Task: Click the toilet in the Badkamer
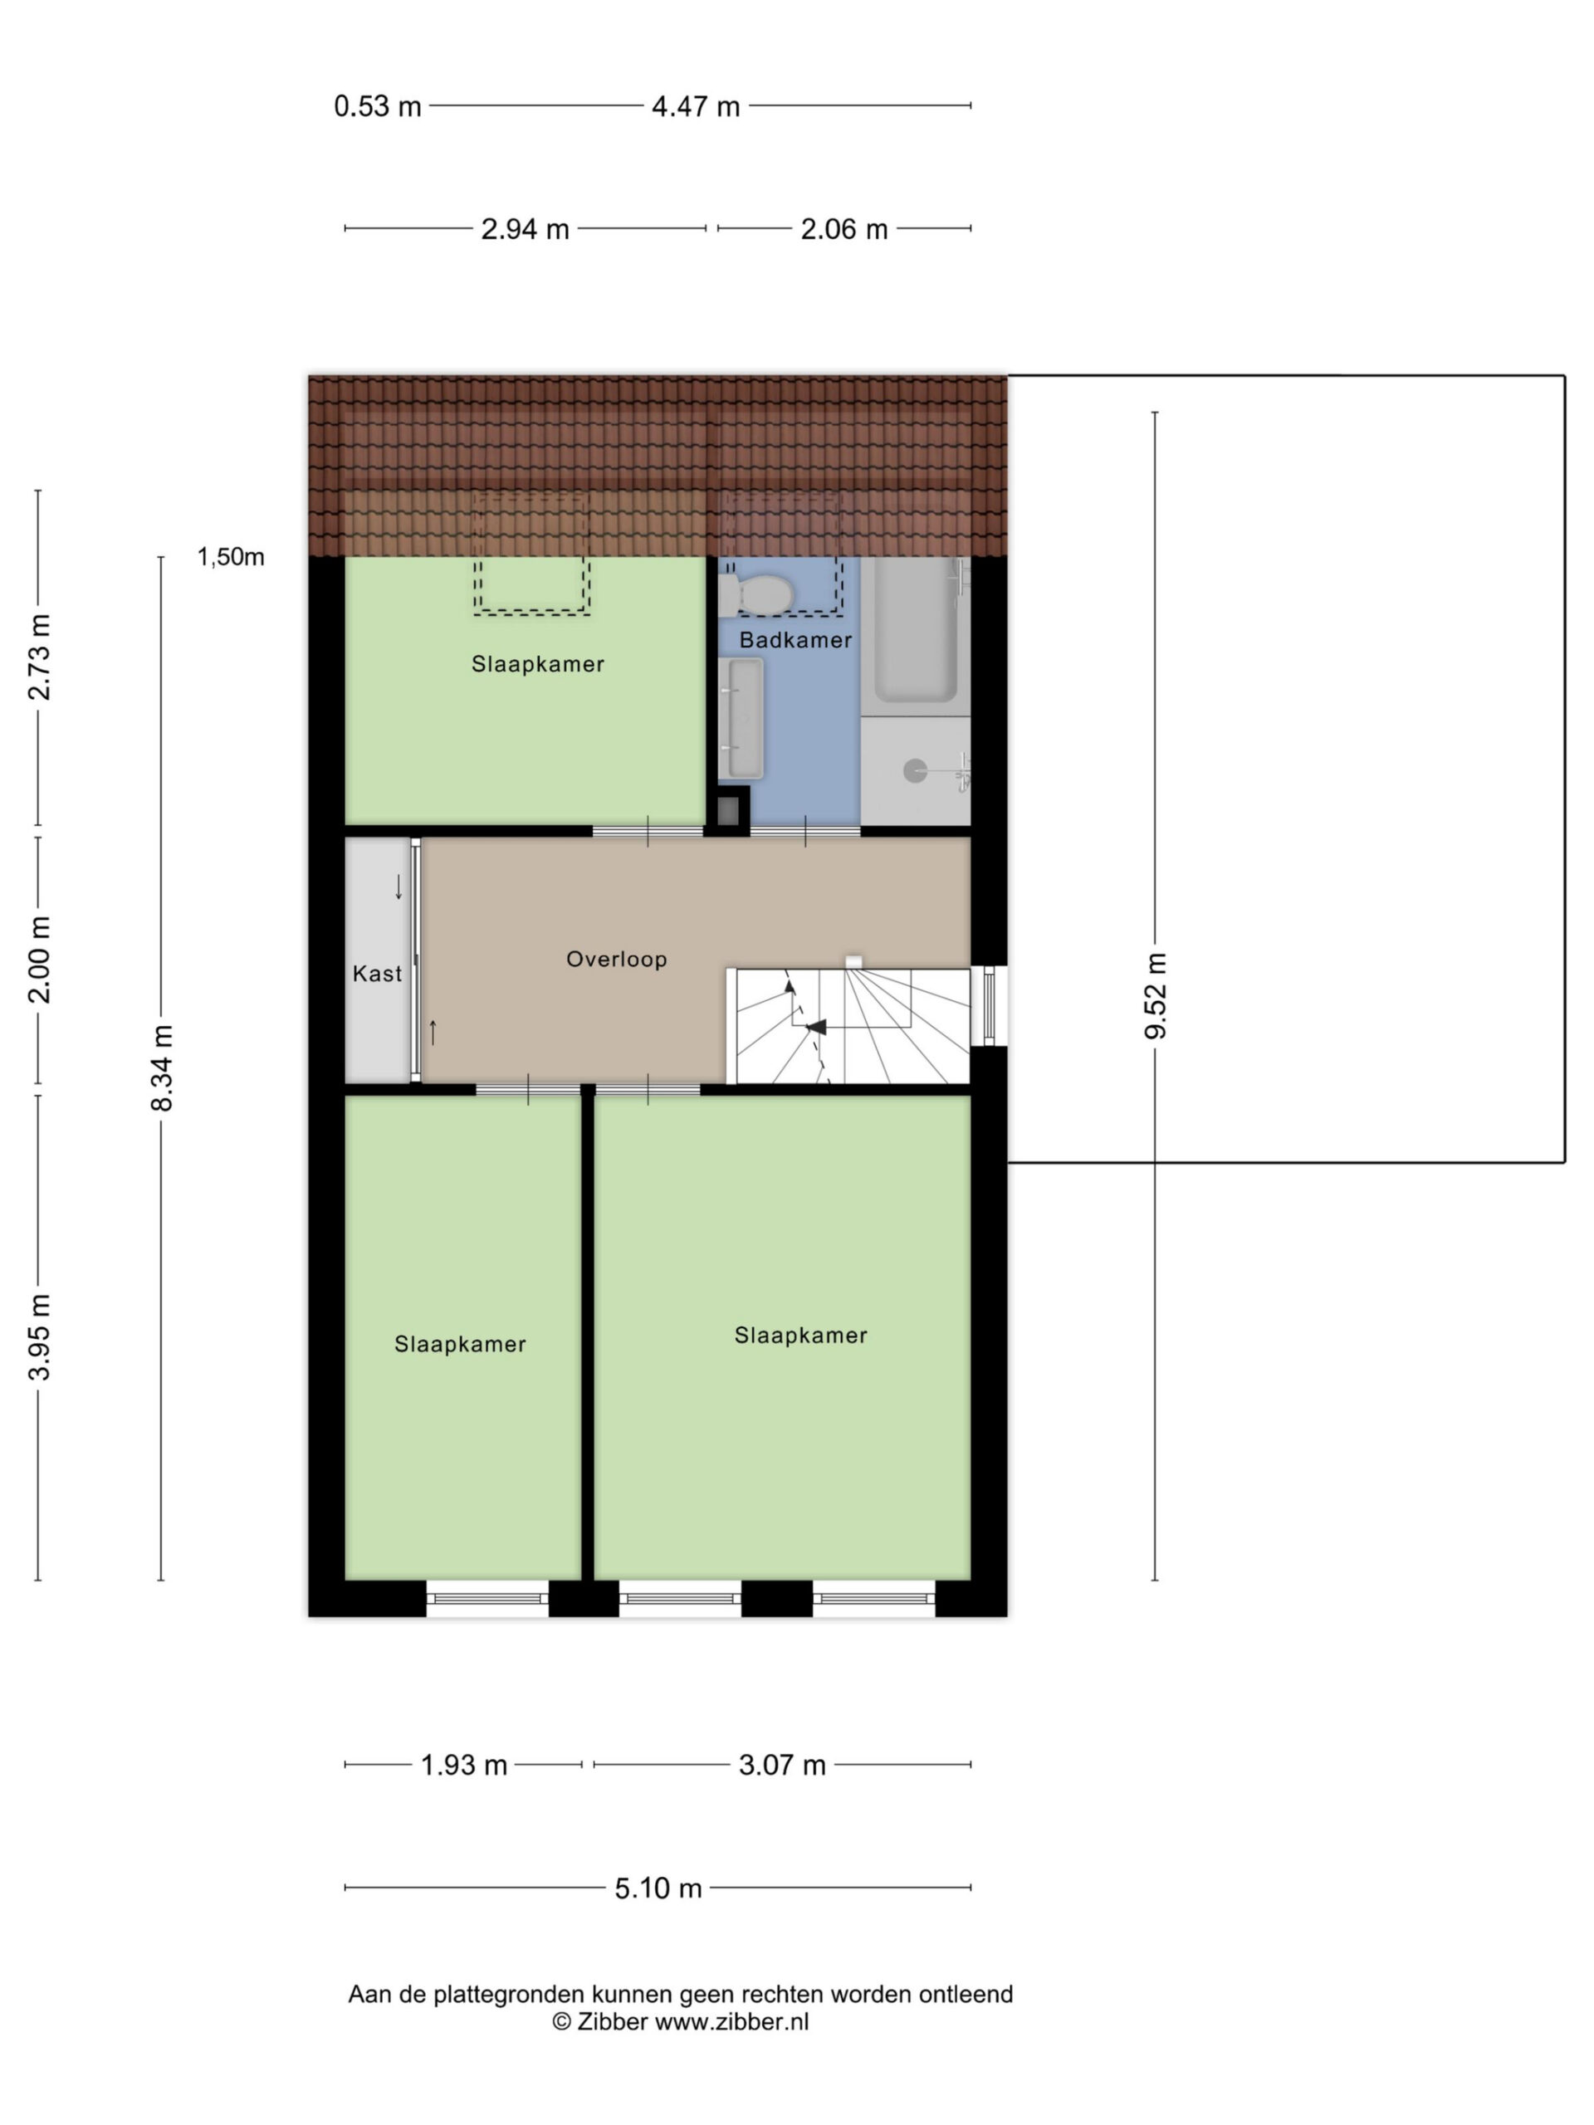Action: pyautogui.click(x=755, y=594)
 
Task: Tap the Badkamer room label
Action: pyautogui.click(x=795, y=640)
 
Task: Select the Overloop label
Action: pyautogui.click(x=616, y=959)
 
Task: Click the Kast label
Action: pyautogui.click(x=377, y=975)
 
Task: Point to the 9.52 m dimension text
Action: pyautogui.click(x=1155, y=995)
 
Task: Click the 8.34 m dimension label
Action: pyautogui.click(x=161, y=1067)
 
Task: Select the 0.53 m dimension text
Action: pyautogui.click(x=378, y=105)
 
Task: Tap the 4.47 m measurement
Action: pyautogui.click(x=696, y=105)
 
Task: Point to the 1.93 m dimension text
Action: pyautogui.click(x=464, y=1765)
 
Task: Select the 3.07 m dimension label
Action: pyautogui.click(x=782, y=1765)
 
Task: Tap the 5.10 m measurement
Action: pyautogui.click(x=658, y=1888)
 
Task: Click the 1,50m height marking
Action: pyautogui.click(x=231, y=557)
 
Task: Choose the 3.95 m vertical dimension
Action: pyautogui.click(x=39, y=1336)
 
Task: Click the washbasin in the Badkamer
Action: pyautogui.click(x=741, y=719)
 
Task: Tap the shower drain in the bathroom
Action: pyautogui.click(x=915, y=769)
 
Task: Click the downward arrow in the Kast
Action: pyautogui.click(x=398, y=887)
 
